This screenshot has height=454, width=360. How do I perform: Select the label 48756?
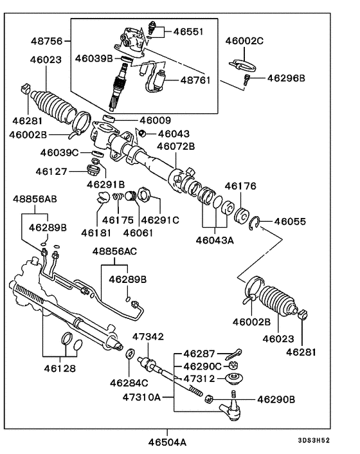[46, 41]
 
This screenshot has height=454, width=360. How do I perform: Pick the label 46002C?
[244, 41]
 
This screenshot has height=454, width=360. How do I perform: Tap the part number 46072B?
[176, 146]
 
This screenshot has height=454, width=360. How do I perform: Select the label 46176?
[240, 186]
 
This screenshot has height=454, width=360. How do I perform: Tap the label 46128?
[60, 368]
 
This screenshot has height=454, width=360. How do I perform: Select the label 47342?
[148, 336]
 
